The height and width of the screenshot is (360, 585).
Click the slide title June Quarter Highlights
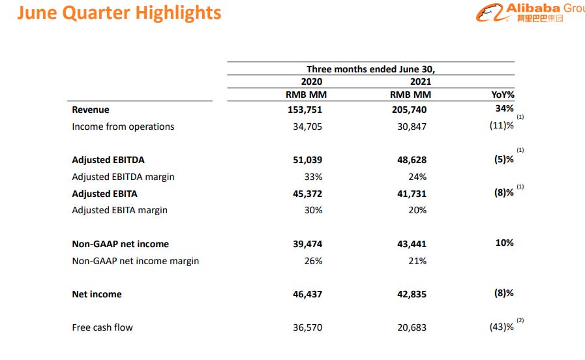pos(119,13)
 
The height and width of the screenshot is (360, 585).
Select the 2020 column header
pos(311,82)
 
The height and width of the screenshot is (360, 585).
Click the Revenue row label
pos(91,110)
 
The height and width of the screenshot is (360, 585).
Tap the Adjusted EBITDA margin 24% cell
pos(417,177)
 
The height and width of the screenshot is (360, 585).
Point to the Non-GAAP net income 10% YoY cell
pos(504,243)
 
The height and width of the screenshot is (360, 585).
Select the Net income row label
pos(97,294)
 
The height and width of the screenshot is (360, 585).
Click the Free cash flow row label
pos(102,327)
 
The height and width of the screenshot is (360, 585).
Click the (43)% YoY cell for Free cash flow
pos(502,327)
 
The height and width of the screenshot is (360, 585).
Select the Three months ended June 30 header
pos(370,69)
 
